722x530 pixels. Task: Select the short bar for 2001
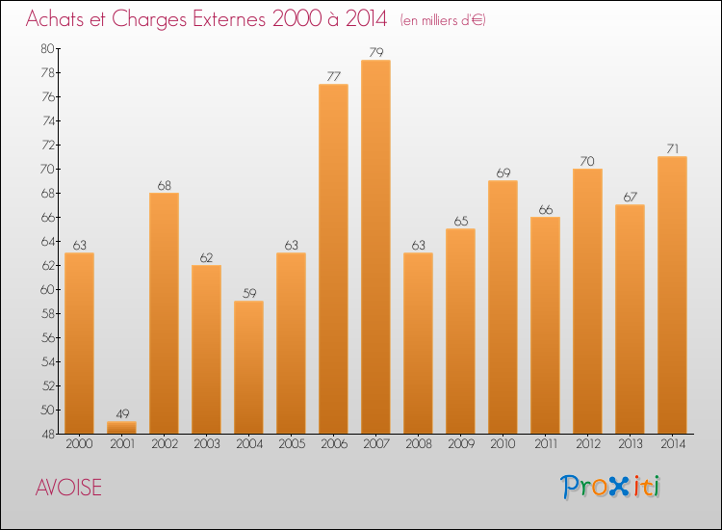pyautogui.click(x=121, y=427)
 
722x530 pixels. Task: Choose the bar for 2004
pyautogui.click(x=248, y=366)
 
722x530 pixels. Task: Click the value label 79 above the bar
pyautogui.click(x=375, y=52)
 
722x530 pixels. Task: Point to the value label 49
pyautogui.click(x=121, y=413)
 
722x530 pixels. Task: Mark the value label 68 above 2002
pyautogui.click(x=164, y=185)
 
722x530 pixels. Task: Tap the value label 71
pyautogui.click(x=672, y=148)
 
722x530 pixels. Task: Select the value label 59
pyautogui.click(x=248, y=293)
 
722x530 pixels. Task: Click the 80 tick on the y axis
pyautogui.click(x=47, y=48)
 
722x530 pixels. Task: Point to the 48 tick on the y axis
pyautogui.click(x=47, y=434)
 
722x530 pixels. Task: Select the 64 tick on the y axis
pyautogui.click(x=47, y=241)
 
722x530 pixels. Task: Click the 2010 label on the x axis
pyautogui.click(x=503, y=444)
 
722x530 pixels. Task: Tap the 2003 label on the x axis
pyautogui.click(x=206, y=444)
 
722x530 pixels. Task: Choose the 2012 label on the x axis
pyautogui.click(x=587, y=444)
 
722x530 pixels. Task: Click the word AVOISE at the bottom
pyautogui.click(x=68, y=488)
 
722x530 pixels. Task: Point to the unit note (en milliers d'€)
pyautogui.click(x=443, y=20)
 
